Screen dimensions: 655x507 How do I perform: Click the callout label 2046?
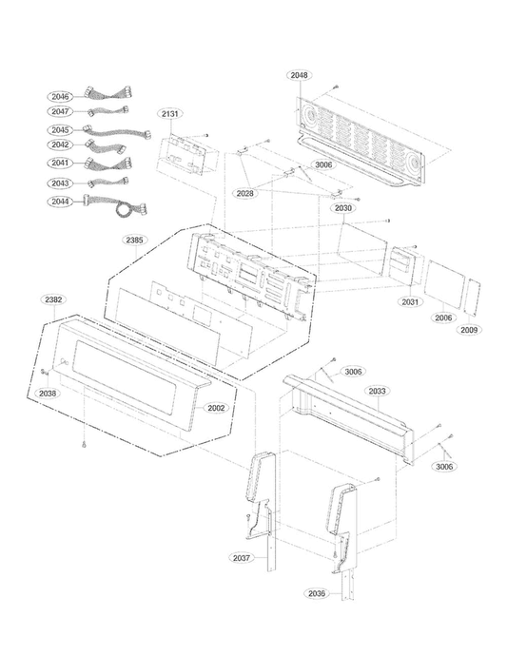pyautogui.click(x=62, y=96)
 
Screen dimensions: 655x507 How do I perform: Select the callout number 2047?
pyautogui.click(x=62, y=112)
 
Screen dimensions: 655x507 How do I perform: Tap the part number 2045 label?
pyautogui.click(x=62, y=130)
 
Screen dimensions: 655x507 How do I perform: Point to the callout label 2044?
pyautogui.click(x=62, y=201)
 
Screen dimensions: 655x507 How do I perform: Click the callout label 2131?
pyautogui.click(x=170, y=114)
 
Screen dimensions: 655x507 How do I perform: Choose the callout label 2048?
pyautogui.click(x=300, y=74)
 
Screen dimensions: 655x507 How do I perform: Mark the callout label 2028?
pyautogui.click(x=245, y=193)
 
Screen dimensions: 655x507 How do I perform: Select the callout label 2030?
pyautogui.click(x=343, y=207)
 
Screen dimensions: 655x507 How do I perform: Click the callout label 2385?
pyautogui.click(x=135, y=240)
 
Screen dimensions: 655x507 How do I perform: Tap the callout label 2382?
pyautogui.click(x=54, y=299)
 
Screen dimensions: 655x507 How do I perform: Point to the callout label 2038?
pyautogui.click(x=48, y=392)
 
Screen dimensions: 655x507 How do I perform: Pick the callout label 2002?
pyautogui.click(x=216, y=407)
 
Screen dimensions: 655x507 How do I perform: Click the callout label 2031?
pyautogui.click(x=410, y=301)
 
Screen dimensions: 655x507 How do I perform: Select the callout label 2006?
pyautogui.click(x=444, y=318)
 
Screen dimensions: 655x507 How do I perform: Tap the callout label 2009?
pyautogui.click(x=470, y=329)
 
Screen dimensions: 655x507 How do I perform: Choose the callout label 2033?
pyautogui.click(x=378, y=391)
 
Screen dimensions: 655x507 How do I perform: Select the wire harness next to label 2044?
pyautogui.click(x=114, y=202)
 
